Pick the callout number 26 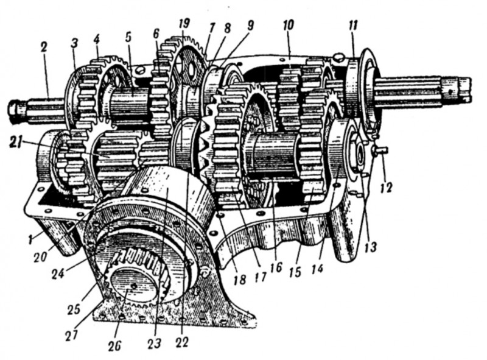point(114,345)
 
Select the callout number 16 point(278,266)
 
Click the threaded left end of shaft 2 point(15,110)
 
